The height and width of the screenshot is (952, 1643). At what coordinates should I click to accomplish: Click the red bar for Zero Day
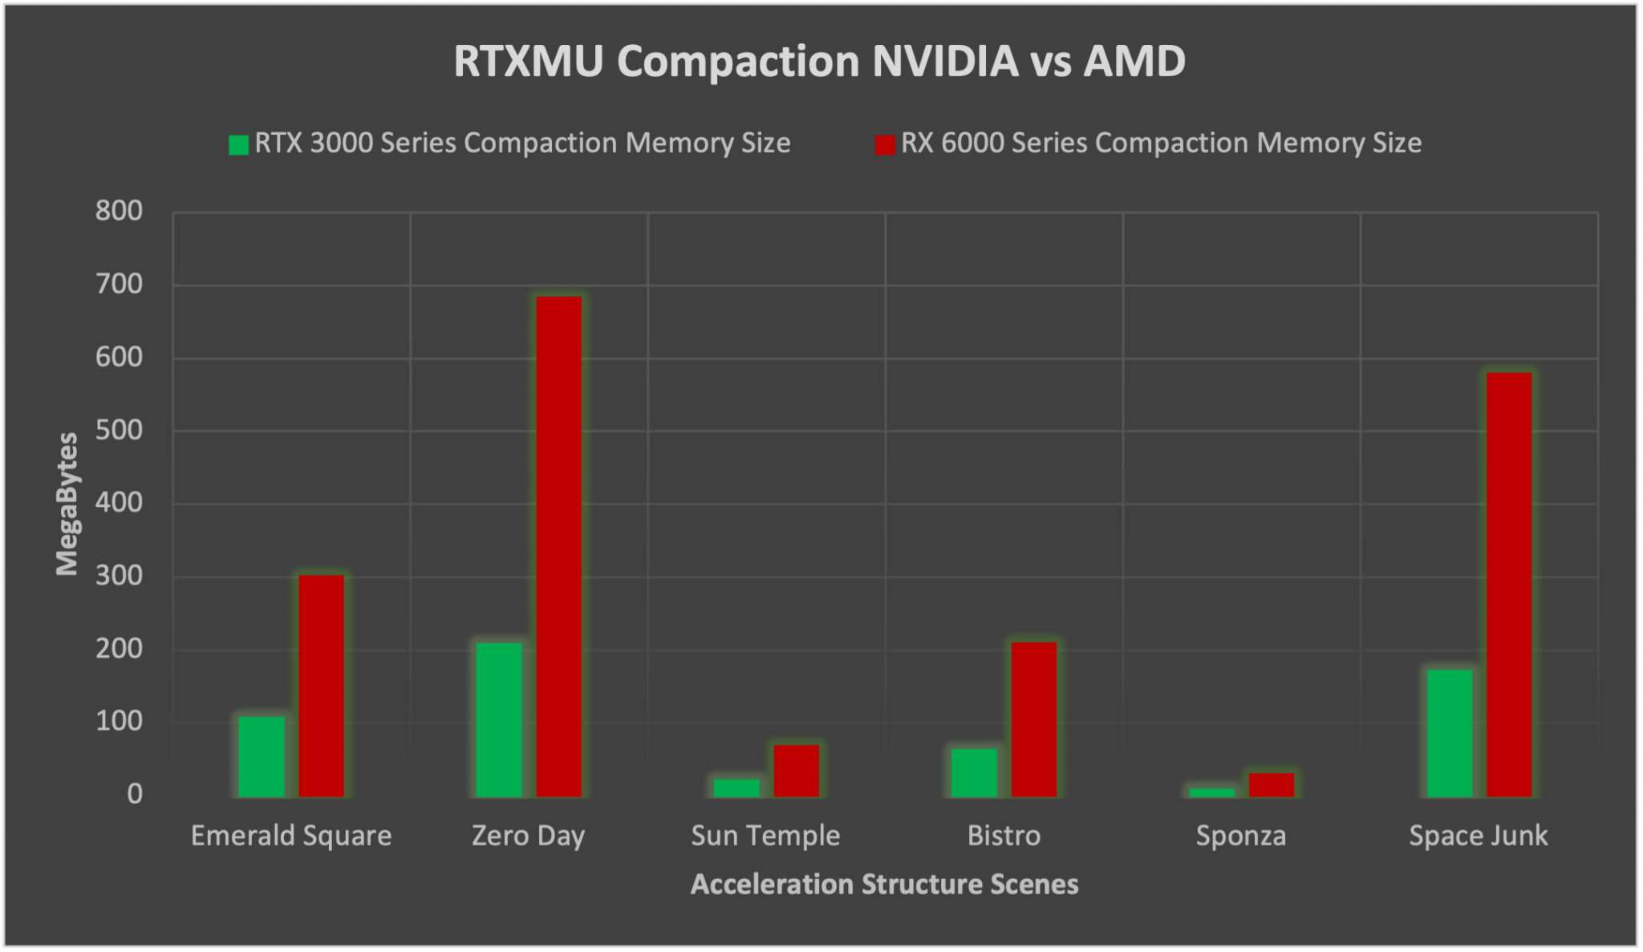point(559,546)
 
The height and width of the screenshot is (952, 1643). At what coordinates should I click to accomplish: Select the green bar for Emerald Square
point(262,756)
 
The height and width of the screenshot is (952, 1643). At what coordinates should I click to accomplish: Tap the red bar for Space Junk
point(1509,585)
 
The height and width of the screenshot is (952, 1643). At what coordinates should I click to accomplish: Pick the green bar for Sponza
point(1211,792)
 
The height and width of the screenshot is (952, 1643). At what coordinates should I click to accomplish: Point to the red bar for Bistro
point(1034,719)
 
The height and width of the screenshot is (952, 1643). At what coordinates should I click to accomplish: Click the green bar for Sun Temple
point(736,788)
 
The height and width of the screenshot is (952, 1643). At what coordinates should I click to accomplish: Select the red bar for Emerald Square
point(322,686)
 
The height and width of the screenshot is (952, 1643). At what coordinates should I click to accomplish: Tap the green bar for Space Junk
point(1449,733)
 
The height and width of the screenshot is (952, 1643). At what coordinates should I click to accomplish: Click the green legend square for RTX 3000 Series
point(238,144)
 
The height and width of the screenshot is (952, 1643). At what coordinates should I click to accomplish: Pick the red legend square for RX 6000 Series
point(885,144)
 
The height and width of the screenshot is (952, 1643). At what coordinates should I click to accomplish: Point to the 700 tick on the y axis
point(118,285)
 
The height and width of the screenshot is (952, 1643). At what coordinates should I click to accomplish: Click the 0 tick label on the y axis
point(132,794)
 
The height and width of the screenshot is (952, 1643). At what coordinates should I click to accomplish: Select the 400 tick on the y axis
point(118,504)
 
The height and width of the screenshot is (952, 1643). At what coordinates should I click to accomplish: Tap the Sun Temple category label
point(765,836)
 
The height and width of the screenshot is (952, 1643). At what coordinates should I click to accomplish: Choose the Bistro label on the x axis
point(1004,836)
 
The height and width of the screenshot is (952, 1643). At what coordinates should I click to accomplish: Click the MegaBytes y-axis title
point(67,504)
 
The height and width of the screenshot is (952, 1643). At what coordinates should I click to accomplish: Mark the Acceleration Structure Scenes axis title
point(884,884)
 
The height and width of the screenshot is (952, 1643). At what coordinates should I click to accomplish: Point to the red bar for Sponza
point(1272,784)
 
